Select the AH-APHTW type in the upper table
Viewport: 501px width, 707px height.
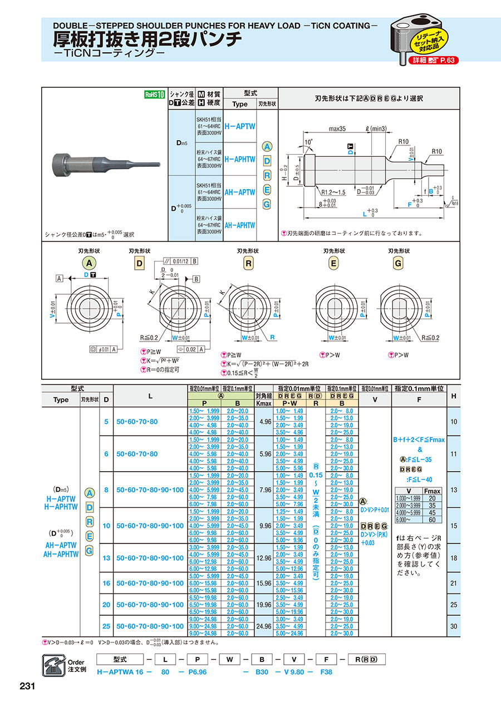[240, 225]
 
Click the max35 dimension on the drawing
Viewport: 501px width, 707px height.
[337, 128]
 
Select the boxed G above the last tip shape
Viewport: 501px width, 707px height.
[397, 263]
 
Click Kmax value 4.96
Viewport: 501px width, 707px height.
[266, 422]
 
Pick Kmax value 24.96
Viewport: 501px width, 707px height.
[266, 626]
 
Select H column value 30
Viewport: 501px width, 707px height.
[454, 626]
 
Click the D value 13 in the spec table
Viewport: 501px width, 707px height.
[106, 558]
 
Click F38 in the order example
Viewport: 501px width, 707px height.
[327, 671]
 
